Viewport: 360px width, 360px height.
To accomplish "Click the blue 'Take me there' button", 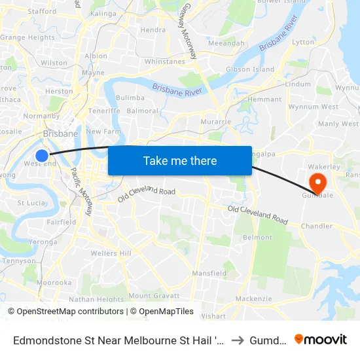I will [180, 160].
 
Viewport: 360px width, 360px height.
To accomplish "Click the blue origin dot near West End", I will [42, 155].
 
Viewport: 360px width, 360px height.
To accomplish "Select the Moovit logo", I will [321, 339].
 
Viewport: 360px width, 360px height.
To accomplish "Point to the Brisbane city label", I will [60, 134].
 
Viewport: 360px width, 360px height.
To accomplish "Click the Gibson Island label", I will [249, 69].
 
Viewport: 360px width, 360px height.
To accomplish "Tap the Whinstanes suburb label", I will [165, 62].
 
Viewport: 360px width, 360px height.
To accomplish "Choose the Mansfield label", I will [209, 273].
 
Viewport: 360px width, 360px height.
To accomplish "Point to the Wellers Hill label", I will [111, 253].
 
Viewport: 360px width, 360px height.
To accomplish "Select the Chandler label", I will [317, 226].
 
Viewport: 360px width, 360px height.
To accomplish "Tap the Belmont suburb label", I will [257, 237].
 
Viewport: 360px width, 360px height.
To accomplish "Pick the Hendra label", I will [153, 30].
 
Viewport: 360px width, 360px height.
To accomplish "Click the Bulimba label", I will [130, 98].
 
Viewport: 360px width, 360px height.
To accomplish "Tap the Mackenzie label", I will [253, 298].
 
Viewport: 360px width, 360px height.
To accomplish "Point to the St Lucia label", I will [30, 203].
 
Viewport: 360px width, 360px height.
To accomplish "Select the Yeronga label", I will [43, 242].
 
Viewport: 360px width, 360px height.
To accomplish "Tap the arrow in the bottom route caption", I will [237, 339].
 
